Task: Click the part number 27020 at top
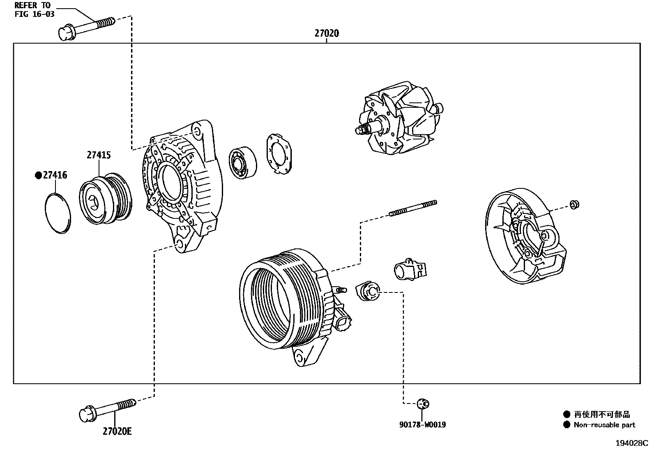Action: (327, 33)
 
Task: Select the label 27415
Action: (99, 155)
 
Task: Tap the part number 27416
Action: (55, 176)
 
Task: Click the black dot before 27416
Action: (38, 176)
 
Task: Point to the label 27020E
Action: (117, 431)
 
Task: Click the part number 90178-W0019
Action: (422, 425)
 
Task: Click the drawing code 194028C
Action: (631, 443)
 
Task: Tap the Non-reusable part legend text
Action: (604, 425)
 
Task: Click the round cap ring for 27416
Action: (57, 213)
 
